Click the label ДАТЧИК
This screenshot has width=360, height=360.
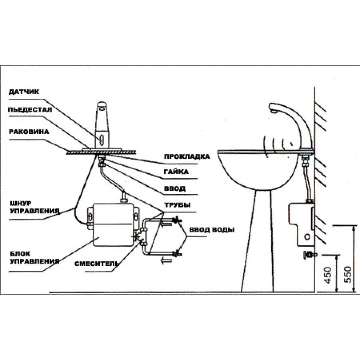pos(24,92)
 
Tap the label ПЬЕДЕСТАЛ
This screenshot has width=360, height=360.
pos(30,110)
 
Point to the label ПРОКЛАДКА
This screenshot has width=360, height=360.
pos(187,156)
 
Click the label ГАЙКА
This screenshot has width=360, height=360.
pos(176,172)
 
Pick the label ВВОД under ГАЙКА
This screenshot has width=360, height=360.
pos(175,188)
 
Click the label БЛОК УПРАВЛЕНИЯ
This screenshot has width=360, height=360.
pos(34,258)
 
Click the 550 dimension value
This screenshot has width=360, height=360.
pos(348,274)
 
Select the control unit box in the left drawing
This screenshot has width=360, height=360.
pos(112,224)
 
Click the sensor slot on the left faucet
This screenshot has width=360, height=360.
pos(102,140)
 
